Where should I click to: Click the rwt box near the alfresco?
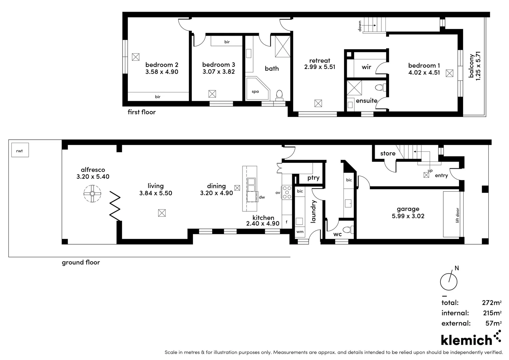tap(20, 150)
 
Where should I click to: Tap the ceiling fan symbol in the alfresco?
tap(92, 194)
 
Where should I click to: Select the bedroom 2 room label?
tap(162, 65)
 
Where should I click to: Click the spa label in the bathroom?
tap(255, 91)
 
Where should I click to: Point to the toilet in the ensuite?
tap(380, 88)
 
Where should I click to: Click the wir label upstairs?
tap(366, 67)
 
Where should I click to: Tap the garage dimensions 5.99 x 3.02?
tap(408, 216)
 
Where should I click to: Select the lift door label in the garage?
tap(457, 215)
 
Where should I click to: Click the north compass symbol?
tap(449, 281)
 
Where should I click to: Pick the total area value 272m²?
tap(491, 303)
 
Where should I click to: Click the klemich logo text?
tap(466, 340)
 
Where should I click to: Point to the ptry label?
tap(313, 178)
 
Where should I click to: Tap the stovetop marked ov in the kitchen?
tap(286, 192)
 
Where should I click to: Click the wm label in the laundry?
tap(300, 232)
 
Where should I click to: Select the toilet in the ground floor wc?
tap(348, 230)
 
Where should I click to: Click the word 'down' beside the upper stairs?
tap(360, 26)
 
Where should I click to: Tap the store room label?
tap(388, 153)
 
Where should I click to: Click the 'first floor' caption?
tap(142, 112)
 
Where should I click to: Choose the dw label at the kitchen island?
tap(262, 197)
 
